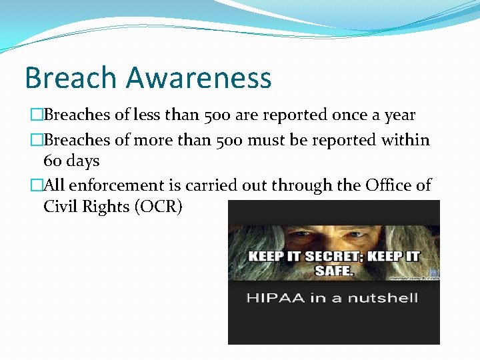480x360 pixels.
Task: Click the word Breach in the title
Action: point(70,77)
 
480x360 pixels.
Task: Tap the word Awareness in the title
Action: point(199,77)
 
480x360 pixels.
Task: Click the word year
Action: point(399,115)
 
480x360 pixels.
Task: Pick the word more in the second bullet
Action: point(153,140)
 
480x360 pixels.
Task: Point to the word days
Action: point(83,161)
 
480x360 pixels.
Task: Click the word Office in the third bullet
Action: point(389,185)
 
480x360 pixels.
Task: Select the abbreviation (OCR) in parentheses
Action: point(159,207)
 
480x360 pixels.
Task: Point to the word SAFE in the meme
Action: point(333,271)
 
